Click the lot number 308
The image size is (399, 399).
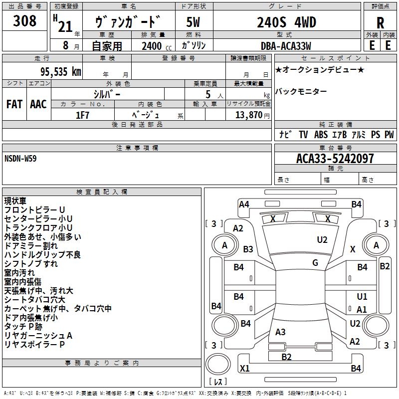pyautogui.click(x=25, y=21)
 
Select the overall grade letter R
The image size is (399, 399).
pyautogui.click(x=380, y=22)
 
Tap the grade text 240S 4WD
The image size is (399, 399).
pyautogui.click(x=287, y=22)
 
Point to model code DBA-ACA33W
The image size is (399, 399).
pyautogui.click(x=286, y=46)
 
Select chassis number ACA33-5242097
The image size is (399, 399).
pyautogui.click(x=335, y=159)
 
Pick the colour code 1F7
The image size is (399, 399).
pyautogui.click(x=83, y=115)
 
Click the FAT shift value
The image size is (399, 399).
pyautogui.click(x=14, y=104)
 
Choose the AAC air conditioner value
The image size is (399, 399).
pyautogui.click(x=38, y=104)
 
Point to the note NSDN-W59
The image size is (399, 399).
pyautogui.click(x=20, y=158)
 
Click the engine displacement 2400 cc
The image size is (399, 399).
pyautogui.click(x=152, y=46)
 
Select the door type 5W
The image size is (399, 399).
pyautogui.click(x=194, y=22)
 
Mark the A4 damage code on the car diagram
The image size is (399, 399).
pyautogui.click(x=244, y=204)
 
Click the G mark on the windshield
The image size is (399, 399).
pyautogui.click(x=315, y=263)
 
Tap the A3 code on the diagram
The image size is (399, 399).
pyautogui.click(x=280, y=332)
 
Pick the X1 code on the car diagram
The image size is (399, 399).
pyautogui.click(x=244, y=369)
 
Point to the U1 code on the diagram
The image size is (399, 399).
pyautogui.click(x=362, y=297)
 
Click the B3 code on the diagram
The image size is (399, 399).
pyautogui.click(x=248, y=249)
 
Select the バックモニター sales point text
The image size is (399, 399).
pyautogui.click(x=301, y=91)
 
